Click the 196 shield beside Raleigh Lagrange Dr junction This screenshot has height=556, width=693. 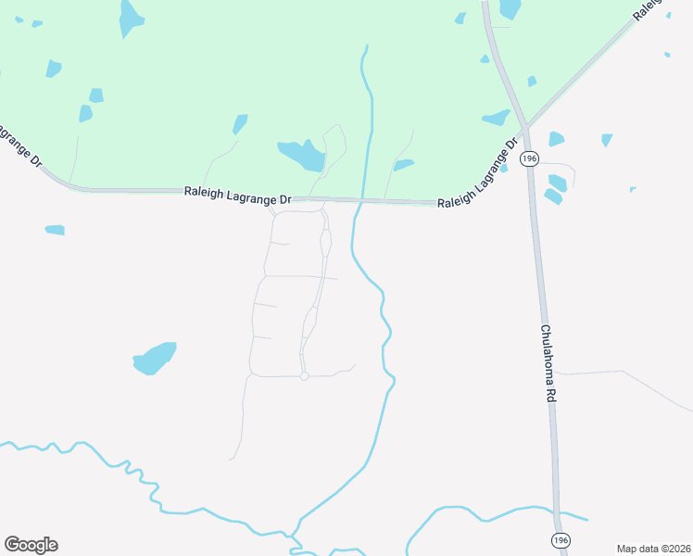pyautogui.click(x=529, y=158)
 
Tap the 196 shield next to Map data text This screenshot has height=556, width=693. pyautogui.click(x=559, y=539)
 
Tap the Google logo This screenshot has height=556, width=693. pyautogui.click(x=31, y=544)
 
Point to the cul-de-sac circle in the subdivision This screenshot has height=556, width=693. pyautogui.click(x=304, y=376)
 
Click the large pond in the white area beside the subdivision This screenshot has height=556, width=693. pyautogui.click(x=155, y=358)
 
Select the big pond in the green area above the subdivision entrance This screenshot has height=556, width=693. pyautogui.click(x=301, y=154)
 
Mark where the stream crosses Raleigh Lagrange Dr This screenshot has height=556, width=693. pyautogui.click(x=362, y=200)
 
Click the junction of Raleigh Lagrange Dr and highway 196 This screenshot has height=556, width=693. pyautogui.click(x=524, y=126)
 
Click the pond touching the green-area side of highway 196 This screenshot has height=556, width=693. pyautogui.click(x=497, y=118)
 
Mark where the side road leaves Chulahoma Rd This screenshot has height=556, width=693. pyautogui.click(x=558, y=373)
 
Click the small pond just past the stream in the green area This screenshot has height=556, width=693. pyautogui.click(x=403, y=166)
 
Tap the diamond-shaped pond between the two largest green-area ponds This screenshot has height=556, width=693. pyautogui.click(x=240, y=123)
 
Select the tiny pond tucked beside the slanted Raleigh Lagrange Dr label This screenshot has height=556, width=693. pyautogui.click(x=503, y=169)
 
